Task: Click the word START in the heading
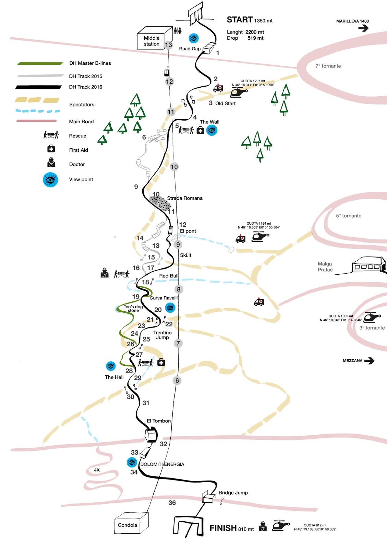click(240, 20)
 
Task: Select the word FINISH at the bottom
click(223, 528)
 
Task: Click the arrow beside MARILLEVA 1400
click(363, 28)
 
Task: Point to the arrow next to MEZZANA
click(369, 360)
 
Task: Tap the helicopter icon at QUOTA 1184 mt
click(260, 236)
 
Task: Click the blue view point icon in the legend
click(50, 179)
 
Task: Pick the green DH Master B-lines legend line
click(40, 63)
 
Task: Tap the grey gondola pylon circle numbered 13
click(168, 45)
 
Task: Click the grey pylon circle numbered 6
click(177, 380)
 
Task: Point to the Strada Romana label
click(184, 198)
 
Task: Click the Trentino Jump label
click(162, 335)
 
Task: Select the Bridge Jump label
click(233, 493)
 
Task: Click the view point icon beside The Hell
click(111, 366)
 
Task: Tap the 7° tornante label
click(328, 66)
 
